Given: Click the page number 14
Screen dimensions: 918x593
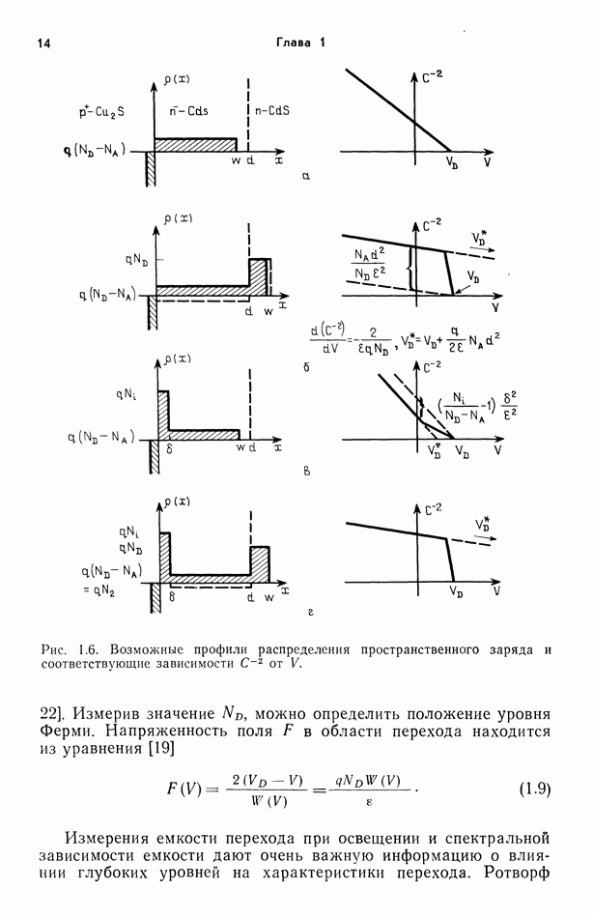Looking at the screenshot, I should (42, 43).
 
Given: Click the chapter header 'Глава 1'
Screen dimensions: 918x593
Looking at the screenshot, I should (301, 42).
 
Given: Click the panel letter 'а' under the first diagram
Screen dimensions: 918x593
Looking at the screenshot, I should (305, 177).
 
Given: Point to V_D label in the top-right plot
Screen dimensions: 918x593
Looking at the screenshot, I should (452, 166).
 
